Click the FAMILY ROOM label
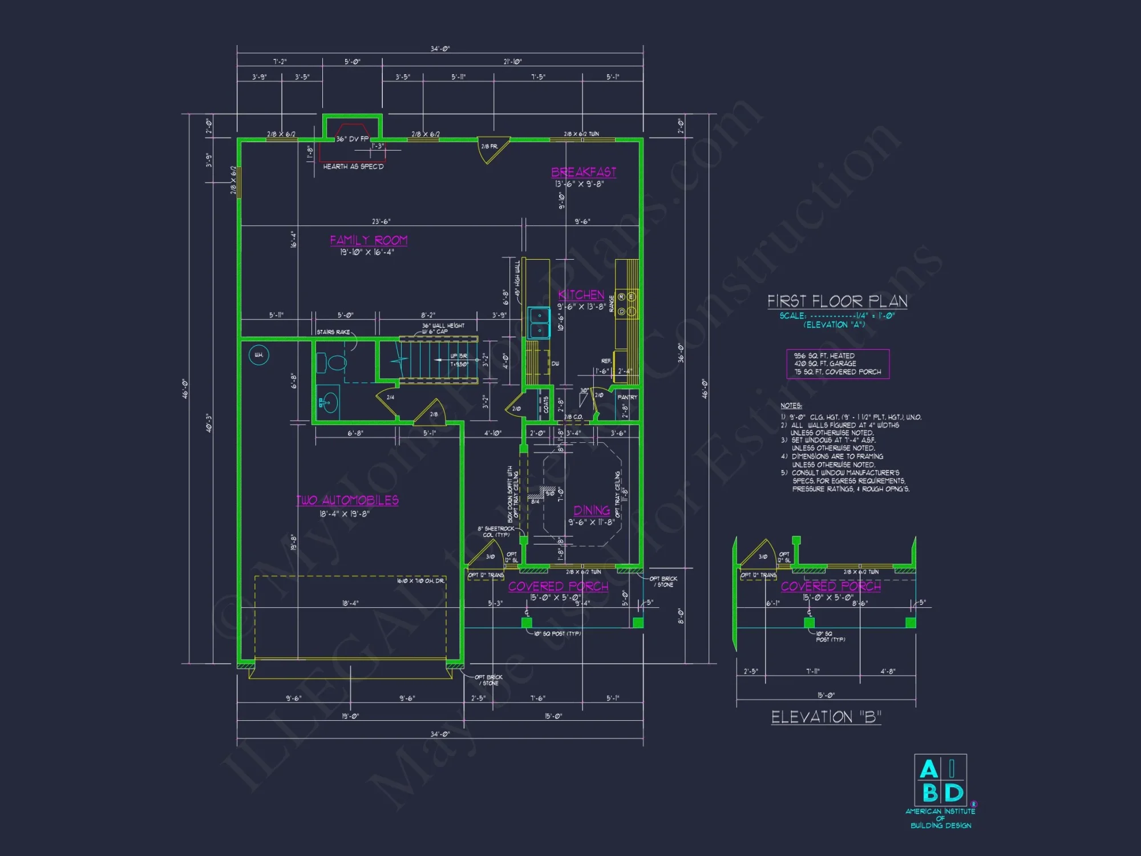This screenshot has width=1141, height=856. (x=369, y=240)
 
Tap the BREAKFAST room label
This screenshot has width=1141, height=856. (x=583, y=172)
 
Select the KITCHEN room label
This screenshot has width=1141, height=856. (x=581, y=294)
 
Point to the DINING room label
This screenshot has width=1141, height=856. (x=592, y=510)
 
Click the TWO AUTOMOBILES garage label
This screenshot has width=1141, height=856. (x=347, y=500)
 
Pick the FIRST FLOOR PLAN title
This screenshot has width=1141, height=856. (x=837, y=301)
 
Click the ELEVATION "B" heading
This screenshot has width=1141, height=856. (x=826, y=717)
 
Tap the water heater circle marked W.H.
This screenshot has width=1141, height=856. (x=259, y=355)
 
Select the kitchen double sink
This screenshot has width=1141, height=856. (x=538, y=322)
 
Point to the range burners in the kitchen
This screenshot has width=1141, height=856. (x=626, y=304)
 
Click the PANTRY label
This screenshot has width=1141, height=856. (x=627, y=397)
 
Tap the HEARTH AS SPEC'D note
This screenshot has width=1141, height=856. (x=353, y=167)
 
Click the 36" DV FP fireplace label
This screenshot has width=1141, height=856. (x=352, y=139)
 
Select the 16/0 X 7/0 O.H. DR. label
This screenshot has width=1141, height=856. (x=420, y=581)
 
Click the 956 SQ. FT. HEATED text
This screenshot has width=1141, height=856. (x=824, y=356)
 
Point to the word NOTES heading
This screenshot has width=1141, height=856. (x=791, y=406)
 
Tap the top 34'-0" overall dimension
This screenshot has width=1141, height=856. (x=440, y=49)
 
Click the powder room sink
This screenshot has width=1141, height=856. (x=327, y=403)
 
